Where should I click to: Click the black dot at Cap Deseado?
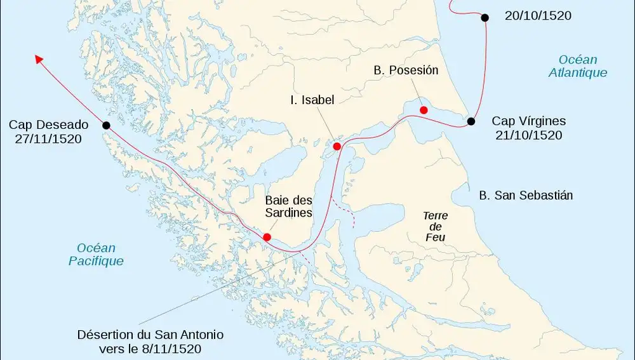pos(106,125)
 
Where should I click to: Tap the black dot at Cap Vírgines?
pos(471,121)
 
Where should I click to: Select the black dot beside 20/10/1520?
pos(485,18)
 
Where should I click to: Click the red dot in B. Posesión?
pos(424,110)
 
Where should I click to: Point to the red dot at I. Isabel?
pos(337,146)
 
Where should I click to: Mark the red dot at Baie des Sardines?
pos(267,237)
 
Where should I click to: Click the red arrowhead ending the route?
pos(39,59)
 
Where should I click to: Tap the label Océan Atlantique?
pos(578,66)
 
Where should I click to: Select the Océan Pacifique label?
pos(96,254)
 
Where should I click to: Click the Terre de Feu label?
pos(436,227)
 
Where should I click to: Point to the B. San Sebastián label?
pos(526,196)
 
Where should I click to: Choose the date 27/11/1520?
pos(48,138)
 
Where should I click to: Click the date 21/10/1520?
pos(528,135)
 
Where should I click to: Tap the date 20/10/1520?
pos(537,16)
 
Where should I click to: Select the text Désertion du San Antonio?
pos(150,334)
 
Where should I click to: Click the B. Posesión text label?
pos(406,70)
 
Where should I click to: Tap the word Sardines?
pos(288,213)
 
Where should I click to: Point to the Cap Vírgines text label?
pos(528,121)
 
